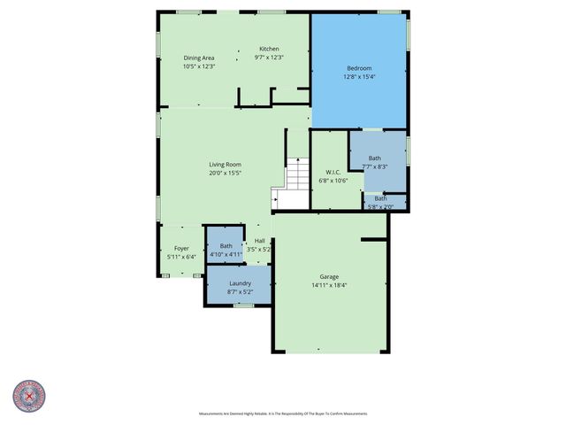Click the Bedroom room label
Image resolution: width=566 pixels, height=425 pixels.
[x=359, y=68]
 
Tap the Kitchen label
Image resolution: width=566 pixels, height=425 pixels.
[x=269, y=49]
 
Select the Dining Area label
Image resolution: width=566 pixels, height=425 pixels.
[x=199, y=58]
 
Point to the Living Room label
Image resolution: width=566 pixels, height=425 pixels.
[x=225, y=165]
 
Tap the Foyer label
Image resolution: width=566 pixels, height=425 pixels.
[x=181, y=248]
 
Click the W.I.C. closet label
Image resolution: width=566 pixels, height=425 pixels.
[x=333, y=172]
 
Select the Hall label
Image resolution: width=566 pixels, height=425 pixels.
[x=260, y=241]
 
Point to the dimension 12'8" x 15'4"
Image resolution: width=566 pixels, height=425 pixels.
[x=359, y=77]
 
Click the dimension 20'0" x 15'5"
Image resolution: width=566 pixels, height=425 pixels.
[x=225, y=174]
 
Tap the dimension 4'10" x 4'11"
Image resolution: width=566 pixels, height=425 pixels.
[x=226, y=254]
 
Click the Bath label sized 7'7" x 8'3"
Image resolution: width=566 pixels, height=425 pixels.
[x=375, y=158]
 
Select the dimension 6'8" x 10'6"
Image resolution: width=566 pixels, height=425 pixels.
[x=333, y=181]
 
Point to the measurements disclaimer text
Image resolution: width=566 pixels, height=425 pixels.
[x=283, y=413]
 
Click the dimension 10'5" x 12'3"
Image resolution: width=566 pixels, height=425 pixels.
[x=199, y=66]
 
